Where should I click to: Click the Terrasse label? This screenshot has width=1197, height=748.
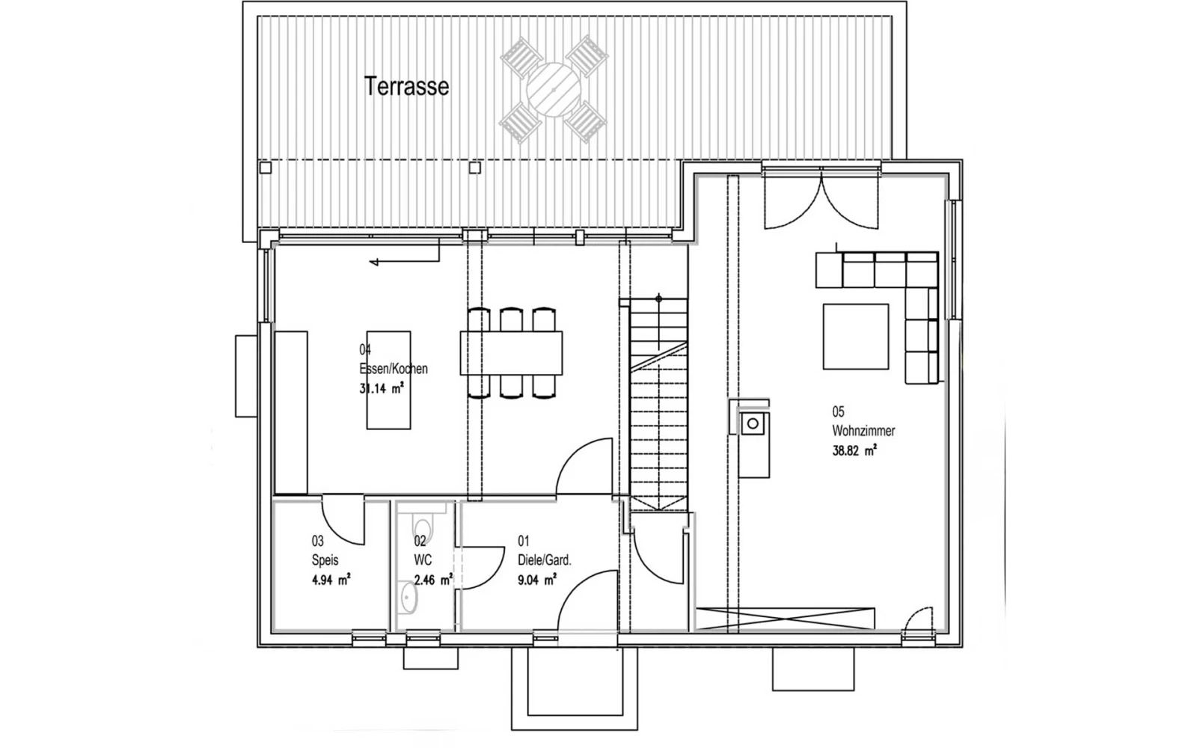click(x=406, y=87)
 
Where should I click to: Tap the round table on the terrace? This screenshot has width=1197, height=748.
click(x=554, y=90)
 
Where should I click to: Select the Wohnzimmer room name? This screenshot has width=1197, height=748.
click(x=863, y=431)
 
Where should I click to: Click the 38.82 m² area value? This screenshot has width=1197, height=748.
click(x=854, y=450)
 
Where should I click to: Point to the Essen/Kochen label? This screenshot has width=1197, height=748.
click(x=394, y=369)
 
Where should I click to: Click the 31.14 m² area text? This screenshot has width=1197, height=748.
click(x=382, y=388)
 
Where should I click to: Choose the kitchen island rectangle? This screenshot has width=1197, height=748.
click(x=388, y=380)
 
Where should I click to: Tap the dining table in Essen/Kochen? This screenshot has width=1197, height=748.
click(x=512, y=353)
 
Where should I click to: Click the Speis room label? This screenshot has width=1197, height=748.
click(x=325, y=560)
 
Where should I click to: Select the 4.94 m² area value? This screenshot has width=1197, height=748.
click(x=331, y=580)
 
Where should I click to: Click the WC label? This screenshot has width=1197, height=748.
click(x=423, y=560)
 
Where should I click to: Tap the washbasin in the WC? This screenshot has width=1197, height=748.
click(x=408, y=598)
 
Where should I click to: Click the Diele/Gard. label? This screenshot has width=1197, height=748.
click(x=545, y=560)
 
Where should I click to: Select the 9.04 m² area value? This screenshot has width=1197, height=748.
click(x=537, y=580)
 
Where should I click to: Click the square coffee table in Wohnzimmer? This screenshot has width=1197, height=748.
click(x=856, y=337)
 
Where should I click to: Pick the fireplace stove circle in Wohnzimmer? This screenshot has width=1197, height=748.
click(x=753, y=424)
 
